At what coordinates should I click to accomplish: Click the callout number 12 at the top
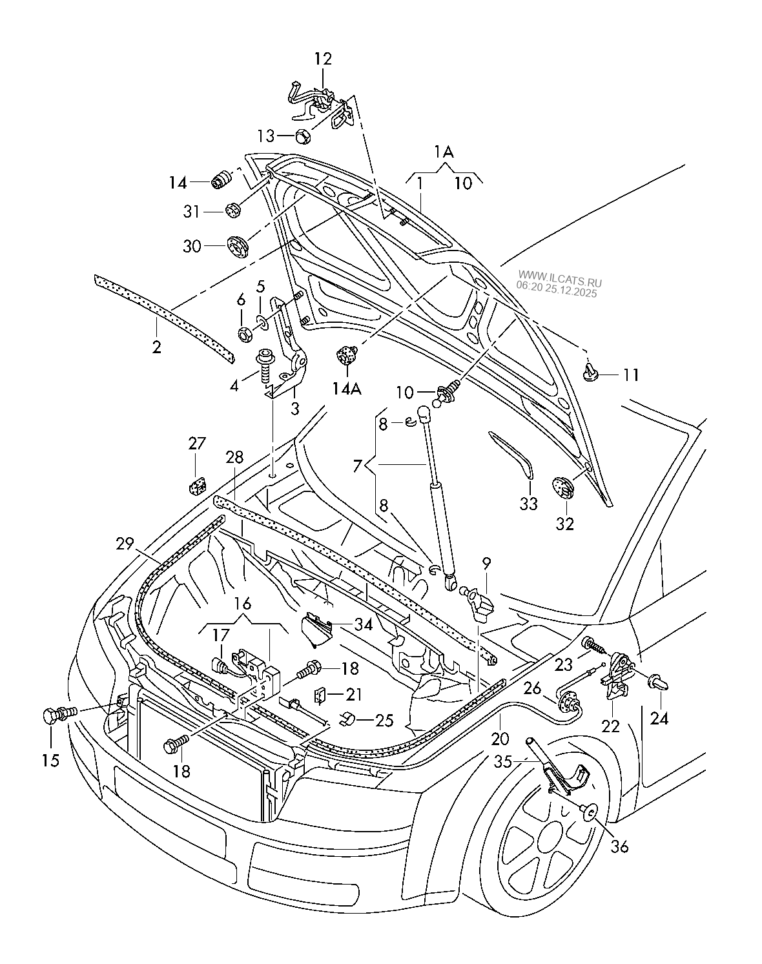(323, 59)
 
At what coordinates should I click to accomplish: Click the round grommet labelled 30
(238, 246)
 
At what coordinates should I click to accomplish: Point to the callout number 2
(157, 347)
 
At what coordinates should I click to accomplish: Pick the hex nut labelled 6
(245, 334)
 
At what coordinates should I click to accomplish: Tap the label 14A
(347, 389)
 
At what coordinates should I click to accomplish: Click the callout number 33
(529, 504)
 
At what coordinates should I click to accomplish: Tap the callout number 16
(242, 604)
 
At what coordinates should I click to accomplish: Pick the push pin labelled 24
(659, 682)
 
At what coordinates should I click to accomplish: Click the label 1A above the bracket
(444, 152)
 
